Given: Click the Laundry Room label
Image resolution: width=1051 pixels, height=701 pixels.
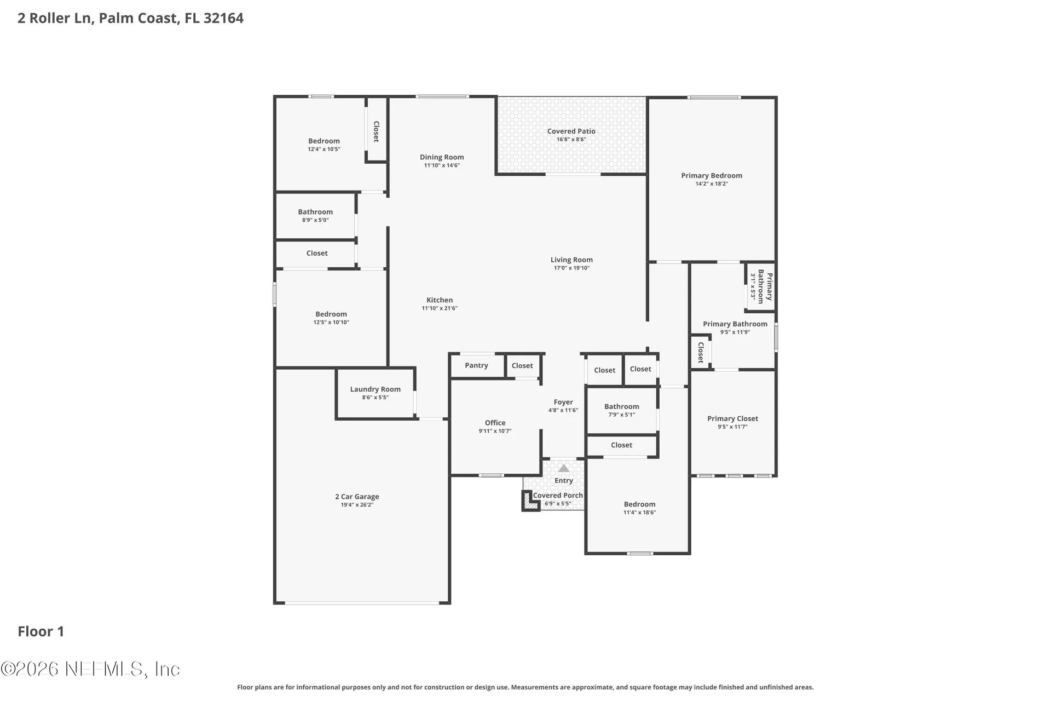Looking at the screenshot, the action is (x=376, y=389).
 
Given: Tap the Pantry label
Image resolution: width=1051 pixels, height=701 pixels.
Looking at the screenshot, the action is (x=476, y=365).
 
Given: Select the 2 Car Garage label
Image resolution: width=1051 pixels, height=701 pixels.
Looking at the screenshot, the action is (x=357, y=497).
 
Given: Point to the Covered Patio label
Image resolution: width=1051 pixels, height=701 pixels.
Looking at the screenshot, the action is (x=571, y=131).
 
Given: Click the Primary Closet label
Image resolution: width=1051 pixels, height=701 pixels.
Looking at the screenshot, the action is (x=732, y=419).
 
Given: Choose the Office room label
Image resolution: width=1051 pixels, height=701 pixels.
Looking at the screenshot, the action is (x=495, y=423).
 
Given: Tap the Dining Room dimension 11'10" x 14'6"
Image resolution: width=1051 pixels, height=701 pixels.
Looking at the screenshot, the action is (x=442, y=165).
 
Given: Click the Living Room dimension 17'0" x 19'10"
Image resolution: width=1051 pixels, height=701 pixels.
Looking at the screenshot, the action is (x=571, y=268).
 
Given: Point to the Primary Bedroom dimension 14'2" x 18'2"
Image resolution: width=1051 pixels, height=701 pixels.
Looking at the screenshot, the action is (x=712, y=184).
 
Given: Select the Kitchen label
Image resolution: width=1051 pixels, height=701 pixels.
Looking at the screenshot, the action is (x=440, y=300).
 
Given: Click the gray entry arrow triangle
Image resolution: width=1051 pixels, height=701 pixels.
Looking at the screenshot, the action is (x=564, y=468).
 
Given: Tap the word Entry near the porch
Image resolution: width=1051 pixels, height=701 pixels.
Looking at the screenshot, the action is (x=564, y=481).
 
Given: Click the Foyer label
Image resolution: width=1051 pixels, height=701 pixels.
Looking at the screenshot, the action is (x=563, y=402).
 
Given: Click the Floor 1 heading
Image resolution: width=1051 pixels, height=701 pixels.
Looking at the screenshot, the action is (x=41, y=631).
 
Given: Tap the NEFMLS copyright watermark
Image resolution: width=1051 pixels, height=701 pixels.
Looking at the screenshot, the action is (x=90, y=669).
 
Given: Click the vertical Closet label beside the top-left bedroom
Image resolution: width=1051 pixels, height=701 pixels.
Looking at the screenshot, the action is (x=377, y=131).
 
